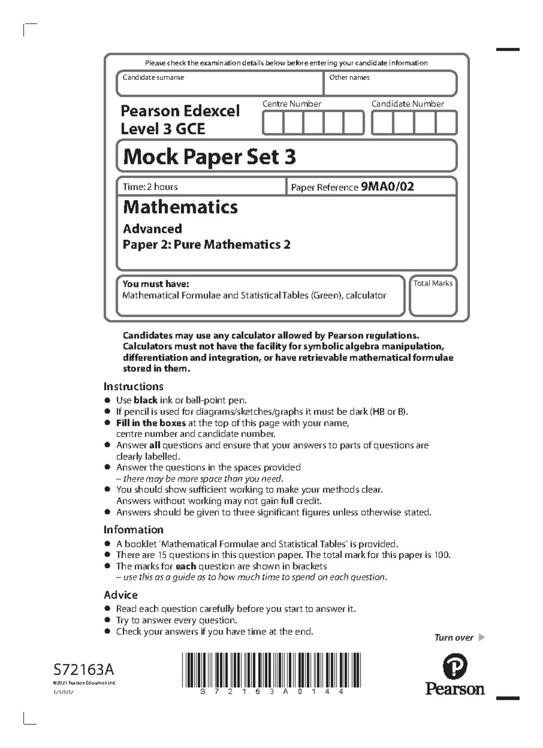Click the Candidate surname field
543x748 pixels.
tap(219, 86)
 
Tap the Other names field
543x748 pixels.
tap(390, 86)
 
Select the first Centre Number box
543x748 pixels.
tap(273, 123)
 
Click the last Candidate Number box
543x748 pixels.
tap(446, 123)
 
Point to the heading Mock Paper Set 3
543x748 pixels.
tap(209, 157)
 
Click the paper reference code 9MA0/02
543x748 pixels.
tap(387, 186)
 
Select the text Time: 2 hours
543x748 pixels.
tap(150, 186)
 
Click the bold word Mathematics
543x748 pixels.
tap(180, 207)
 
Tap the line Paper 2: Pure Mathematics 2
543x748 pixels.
tap(206, 244)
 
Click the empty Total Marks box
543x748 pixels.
tap(433, 301)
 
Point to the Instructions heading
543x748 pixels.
tap(133, 386)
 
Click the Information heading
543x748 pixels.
tap(133, 529)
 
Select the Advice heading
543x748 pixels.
tap(121, 595)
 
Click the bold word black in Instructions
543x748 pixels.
tap(145, 400)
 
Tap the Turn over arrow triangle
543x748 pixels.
tap(481, 638)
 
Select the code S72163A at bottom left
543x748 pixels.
tap(84, 669)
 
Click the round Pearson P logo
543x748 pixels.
tap(455, 667)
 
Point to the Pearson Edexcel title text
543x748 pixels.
tap(180, 111)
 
